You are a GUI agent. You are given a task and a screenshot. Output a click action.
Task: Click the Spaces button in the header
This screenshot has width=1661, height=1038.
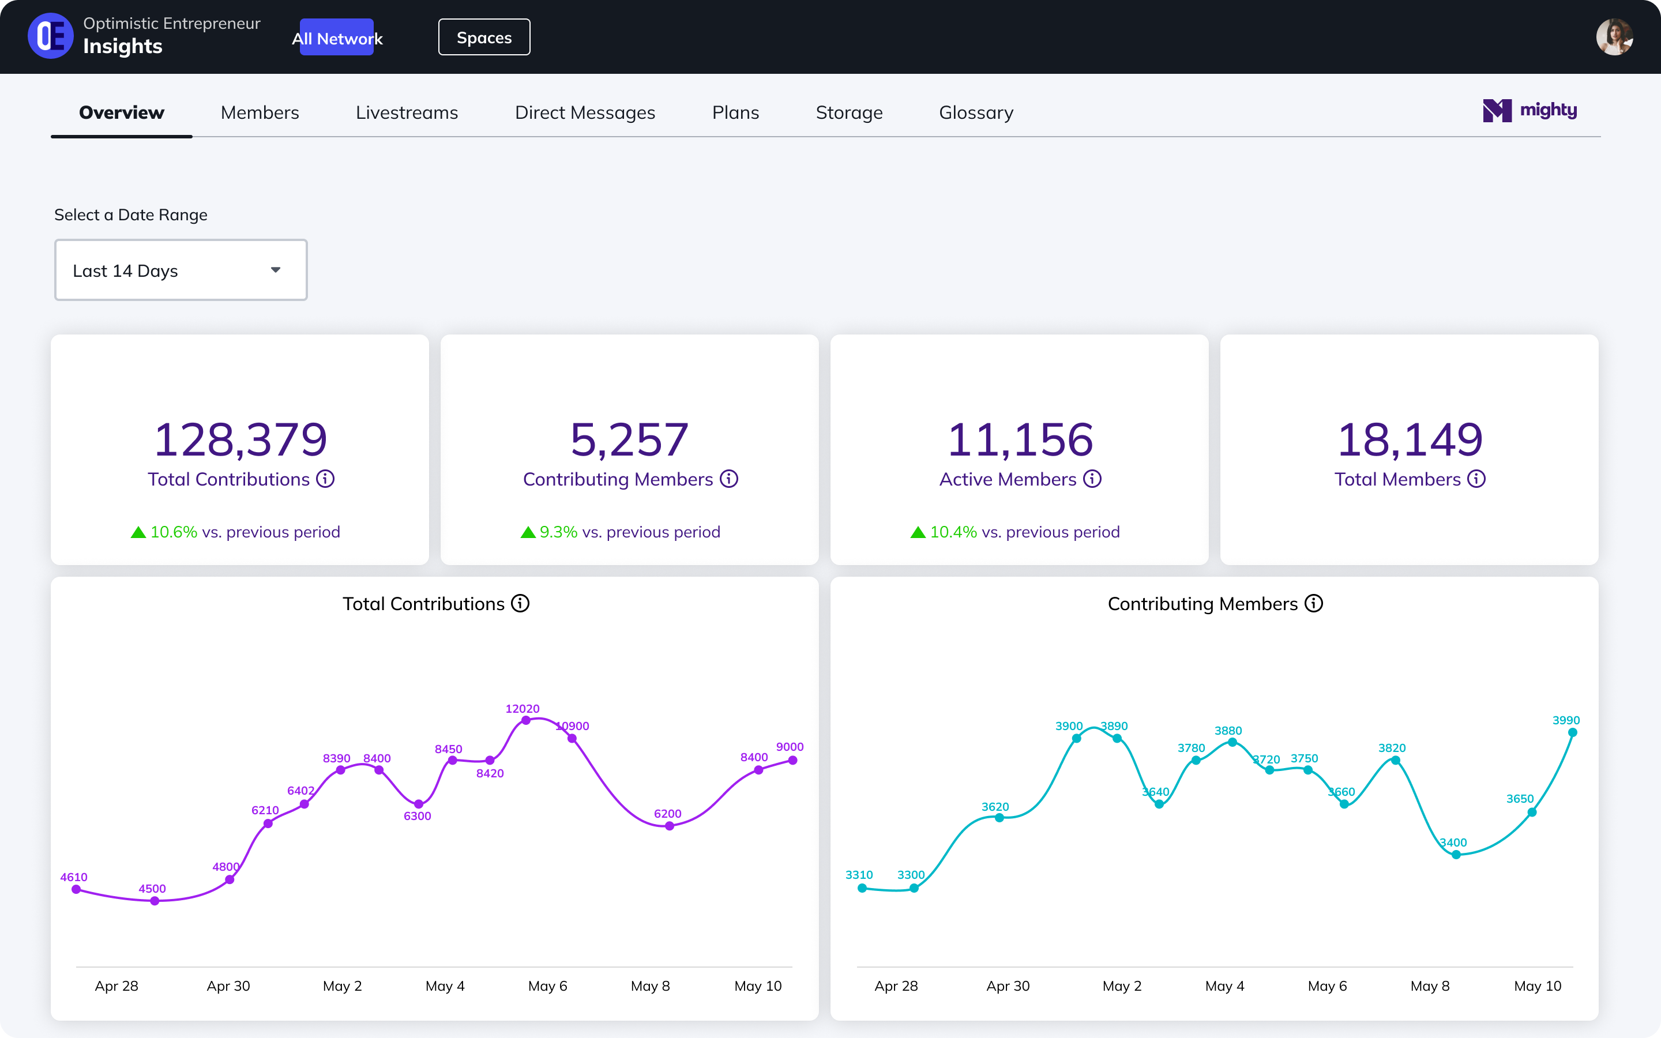coord(484,37)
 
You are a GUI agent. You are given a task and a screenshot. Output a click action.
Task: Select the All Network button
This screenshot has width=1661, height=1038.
coord(337,37)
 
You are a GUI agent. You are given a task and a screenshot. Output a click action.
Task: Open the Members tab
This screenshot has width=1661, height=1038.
coord(260,112)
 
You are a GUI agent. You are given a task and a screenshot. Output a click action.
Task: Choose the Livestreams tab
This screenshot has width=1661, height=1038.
coord(407,112)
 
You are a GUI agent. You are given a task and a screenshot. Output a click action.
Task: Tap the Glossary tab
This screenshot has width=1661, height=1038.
coord(975,112)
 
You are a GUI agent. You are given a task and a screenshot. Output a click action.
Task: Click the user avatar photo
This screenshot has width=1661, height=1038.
coord(1614,37)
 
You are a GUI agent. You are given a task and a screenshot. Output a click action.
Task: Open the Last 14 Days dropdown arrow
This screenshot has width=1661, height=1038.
coord(276,270)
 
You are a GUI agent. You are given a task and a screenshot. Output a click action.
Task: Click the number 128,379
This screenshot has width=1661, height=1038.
coord(240,439)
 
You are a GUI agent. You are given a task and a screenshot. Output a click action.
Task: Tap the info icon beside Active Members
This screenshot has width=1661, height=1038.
coord(1092,479)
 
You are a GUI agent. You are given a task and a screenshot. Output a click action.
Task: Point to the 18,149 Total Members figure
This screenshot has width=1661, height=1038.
coord(1409,439)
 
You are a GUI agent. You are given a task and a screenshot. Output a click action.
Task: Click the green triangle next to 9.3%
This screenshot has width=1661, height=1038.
coord(528,532)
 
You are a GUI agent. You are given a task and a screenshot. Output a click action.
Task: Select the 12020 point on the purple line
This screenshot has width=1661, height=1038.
coord(526,720)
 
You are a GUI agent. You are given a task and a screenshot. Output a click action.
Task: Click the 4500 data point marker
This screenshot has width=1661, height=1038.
coord(155,901)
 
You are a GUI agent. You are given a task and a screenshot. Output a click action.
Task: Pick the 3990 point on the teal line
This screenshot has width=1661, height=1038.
coord(1572,732)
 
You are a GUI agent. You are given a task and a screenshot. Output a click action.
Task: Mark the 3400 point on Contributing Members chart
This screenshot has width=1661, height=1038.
coord(1456,855)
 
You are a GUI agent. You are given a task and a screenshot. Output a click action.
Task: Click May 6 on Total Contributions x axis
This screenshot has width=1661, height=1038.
coord(547,986)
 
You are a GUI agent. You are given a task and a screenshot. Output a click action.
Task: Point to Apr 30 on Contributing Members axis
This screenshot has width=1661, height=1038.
coord(1008,986)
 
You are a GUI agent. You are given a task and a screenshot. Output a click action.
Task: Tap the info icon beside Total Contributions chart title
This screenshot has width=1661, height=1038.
coord(520,603)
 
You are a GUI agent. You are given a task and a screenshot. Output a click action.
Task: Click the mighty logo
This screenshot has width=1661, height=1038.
coord(1530,111)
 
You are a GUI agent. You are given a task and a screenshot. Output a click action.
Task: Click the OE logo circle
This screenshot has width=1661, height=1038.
coord(51,36)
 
